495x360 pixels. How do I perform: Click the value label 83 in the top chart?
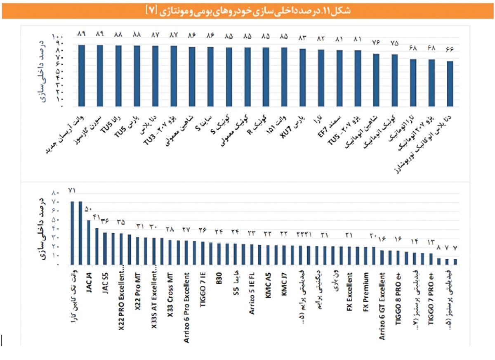tap(302, 38)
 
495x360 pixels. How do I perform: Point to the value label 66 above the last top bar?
tap(449, 49)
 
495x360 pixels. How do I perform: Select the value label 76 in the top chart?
tap(376, 43)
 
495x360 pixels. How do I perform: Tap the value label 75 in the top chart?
tap(394, 44)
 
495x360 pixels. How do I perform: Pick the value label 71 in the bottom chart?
tap(73, 190)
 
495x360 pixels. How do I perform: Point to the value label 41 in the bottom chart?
tap(97, 217)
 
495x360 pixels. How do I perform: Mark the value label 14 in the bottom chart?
tap(415, 242)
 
